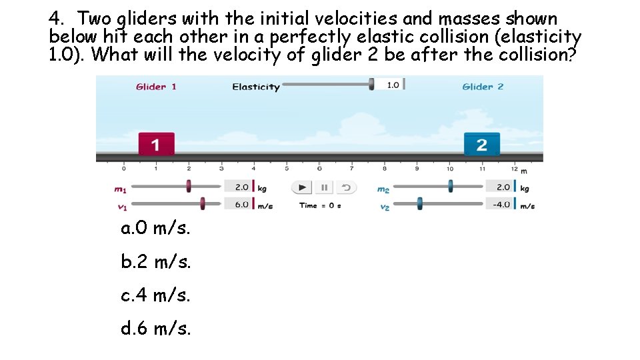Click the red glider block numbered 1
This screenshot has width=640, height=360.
[x=157, y=144]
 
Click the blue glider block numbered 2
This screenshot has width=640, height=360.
[x=482, y=144]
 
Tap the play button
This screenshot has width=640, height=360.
[x=303, y=187]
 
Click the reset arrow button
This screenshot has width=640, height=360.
[x=346, y=187]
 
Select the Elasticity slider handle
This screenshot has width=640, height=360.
[x=372, y=85]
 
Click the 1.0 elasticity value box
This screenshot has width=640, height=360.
[x=392, y=85]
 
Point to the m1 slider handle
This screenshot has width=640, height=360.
[x=189, y=186]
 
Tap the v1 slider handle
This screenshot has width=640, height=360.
[x=203, y=203]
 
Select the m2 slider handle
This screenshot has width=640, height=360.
[x=451, y=186]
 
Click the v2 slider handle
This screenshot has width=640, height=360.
[x=419, y=203]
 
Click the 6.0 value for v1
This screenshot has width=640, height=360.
[x=240, y=204]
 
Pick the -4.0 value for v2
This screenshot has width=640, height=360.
[x=501, y=204]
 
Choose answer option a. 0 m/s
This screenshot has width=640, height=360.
[x=155, y=229]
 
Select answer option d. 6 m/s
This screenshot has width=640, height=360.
[x=155, y=328]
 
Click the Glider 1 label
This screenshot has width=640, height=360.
[x=156, y=87]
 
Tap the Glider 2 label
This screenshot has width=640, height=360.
[x=483, y=87]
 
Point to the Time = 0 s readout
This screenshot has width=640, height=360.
[x=320, y=205]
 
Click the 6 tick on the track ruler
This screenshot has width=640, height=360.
[x=319, y=169]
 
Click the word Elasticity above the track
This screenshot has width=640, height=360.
[x=255, y=87]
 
